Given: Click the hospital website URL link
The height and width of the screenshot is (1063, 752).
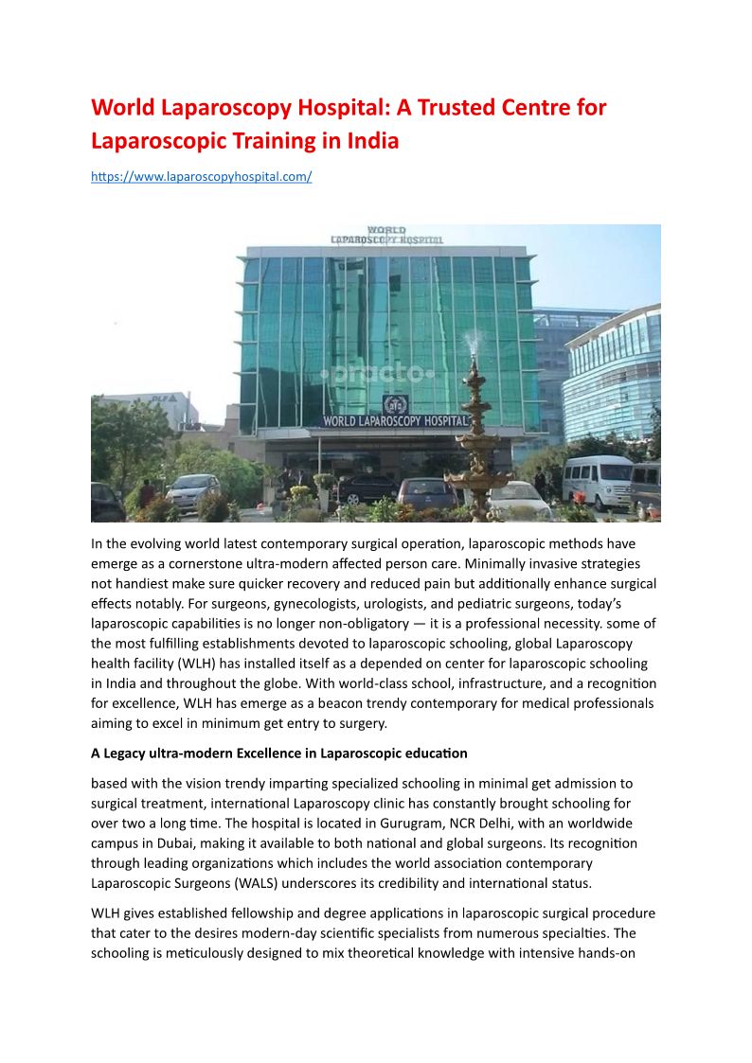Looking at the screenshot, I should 201,177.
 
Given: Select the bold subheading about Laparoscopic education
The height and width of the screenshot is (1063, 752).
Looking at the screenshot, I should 279,753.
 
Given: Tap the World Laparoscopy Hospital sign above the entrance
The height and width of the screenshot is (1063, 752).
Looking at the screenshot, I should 395,420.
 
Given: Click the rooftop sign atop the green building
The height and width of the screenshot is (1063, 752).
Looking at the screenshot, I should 385,236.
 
